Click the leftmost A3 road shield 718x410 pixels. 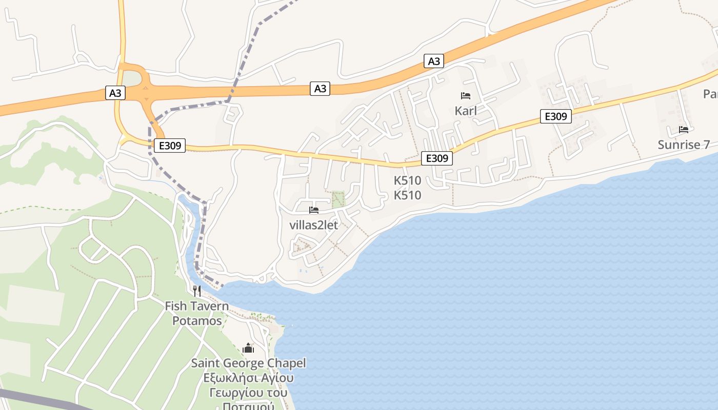click(x=115, y=93)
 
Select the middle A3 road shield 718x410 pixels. click(x=320, y=89)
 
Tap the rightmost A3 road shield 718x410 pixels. click(x=434, y=61)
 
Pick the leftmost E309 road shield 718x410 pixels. click(x=170, y=146)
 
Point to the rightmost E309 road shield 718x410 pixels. click(x=555, y=117)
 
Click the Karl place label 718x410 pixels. click(x=466, y=111)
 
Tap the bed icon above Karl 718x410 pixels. click(x=466, y=96)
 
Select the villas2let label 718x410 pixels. click(x=314, y=224)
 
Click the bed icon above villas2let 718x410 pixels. click(x=314, y=210)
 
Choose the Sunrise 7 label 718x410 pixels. click(x=684, y=145)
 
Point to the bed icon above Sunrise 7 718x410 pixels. click(x=684, y=130)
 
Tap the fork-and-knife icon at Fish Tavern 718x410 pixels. click(x=197, y=291)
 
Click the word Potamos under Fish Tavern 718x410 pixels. click(x=197, y=321)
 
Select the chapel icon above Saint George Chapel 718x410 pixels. click(x=248, y=348)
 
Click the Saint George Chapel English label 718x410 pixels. click(x=248, y=363)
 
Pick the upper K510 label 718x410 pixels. click(x=407, y=180)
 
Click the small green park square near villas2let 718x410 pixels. click(x=337, y=199)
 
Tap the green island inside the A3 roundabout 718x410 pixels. click(x=131, y=79)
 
